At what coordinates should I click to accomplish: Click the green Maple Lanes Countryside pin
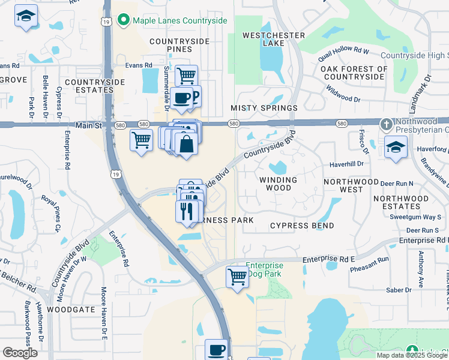coord(124,21)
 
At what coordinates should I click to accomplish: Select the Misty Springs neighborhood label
coord(264,108)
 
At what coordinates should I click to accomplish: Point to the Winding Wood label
coord(278,184)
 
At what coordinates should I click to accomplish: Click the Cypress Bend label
coord(301,226)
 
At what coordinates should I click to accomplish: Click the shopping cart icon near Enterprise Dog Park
coord(237,277)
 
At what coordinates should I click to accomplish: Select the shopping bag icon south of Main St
coord(186,144)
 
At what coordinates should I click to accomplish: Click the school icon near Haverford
coord(396,147)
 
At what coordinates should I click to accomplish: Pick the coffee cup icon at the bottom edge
coord(216,350)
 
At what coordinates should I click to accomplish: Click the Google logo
coord(20,353)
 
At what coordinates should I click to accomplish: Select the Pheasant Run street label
coord(371,260)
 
